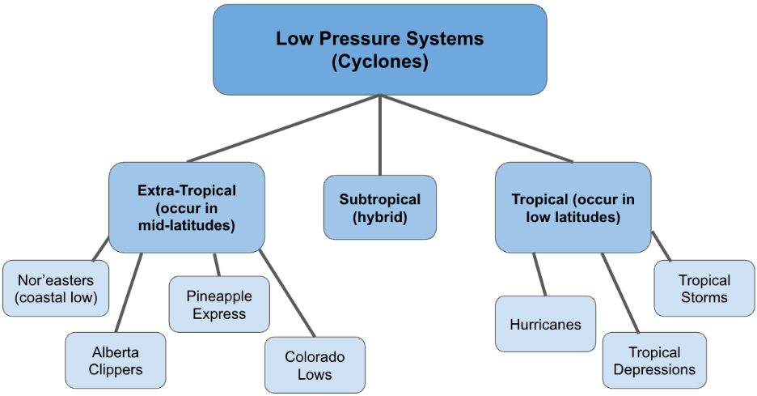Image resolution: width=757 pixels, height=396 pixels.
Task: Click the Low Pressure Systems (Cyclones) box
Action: click(x=379, y=49)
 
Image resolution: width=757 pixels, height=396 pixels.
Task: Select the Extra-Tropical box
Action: click(x=187, y=207)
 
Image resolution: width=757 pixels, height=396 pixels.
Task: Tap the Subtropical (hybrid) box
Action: click(x=379, y=207)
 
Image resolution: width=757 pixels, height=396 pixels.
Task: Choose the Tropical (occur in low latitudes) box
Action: click(x=573, y=207)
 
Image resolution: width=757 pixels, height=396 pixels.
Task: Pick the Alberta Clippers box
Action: click(x=116, y=360)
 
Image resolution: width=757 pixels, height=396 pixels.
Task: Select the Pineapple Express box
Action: click(x=219, y=304)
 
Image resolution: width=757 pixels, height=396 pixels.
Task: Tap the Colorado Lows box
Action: click(x=315, y=365)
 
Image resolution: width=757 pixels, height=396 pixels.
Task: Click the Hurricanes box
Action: click(x=545, y=324)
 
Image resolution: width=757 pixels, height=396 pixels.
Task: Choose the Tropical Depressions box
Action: click(x=654, y=360)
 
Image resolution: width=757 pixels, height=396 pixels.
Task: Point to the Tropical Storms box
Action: click(x=704, y=288)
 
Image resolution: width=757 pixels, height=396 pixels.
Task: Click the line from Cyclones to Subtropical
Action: click(x=380, y=134)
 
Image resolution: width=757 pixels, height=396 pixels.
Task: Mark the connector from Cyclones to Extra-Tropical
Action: click(x=283, y=128)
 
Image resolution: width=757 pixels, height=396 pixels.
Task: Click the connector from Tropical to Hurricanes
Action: click(x=539, y=275)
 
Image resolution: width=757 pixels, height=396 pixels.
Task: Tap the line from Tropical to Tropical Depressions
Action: click(x=620, y=293)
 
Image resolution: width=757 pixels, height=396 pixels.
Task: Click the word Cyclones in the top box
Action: click(x=379, y=61)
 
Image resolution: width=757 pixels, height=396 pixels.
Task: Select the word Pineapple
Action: click(x=219, y=296)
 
